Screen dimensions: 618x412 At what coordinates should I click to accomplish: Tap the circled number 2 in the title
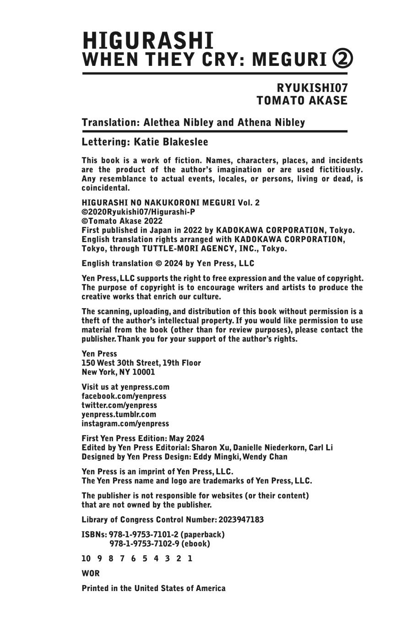tap(342, 59)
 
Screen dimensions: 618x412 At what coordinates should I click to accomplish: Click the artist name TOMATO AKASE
tap(302, 100)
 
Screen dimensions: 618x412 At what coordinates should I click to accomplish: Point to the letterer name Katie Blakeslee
tap(170, 142)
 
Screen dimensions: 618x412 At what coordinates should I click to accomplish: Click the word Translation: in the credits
tap(111, 123)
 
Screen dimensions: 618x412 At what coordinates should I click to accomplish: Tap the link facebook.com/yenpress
tap(124, 396)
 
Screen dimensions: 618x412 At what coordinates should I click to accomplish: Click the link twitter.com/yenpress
tap(119, 405)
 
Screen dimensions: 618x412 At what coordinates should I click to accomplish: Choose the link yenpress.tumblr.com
tap(119, 414)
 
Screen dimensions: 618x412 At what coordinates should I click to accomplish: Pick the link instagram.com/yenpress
tap(125, 423)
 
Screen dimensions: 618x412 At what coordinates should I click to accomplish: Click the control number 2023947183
tap(241, 520)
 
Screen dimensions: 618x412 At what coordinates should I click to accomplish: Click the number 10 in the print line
tap(86, 558)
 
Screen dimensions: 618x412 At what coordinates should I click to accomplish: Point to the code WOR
tap(91, 573)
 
